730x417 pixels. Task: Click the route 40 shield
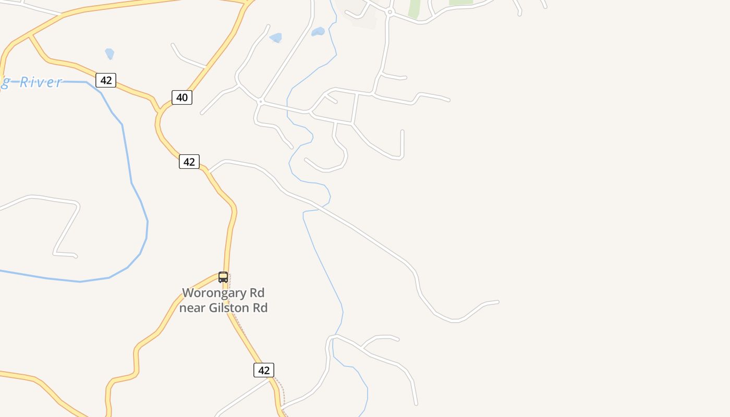[x=182, y=97]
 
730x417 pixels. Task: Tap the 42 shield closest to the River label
[x=106, y=80]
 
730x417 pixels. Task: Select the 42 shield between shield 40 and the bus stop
[x=189, y=162]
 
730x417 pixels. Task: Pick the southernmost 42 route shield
[x=264, y=370]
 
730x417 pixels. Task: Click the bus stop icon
[x=223, y=277]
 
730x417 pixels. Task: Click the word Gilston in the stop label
[x=229, y=308]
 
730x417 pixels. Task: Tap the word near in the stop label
[x=192, y=308]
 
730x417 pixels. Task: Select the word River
[x=41, y=82]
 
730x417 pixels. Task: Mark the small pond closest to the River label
[x=110, y=53]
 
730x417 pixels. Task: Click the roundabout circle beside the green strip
[x=390, y=12]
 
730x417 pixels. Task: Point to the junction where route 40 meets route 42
[x=160, y=110]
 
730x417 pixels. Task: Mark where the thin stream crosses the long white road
[x=322, y=207]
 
